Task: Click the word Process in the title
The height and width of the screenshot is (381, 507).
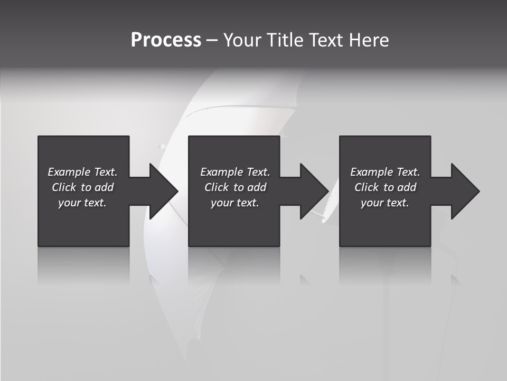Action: [166, 40]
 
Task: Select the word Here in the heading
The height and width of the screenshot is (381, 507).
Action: [369, 40]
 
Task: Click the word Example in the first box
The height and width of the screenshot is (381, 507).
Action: [69, 172]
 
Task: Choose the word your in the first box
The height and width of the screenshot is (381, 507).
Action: [69, 203]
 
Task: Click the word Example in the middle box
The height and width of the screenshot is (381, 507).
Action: [221, 172]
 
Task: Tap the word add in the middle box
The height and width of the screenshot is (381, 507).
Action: [257, 187]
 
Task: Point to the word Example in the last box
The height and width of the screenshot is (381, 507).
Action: [371, 172]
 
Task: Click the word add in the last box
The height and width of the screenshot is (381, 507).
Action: [407, 187]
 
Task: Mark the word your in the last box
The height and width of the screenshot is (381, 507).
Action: [371, 203]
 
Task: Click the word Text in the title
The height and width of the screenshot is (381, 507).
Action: [326, 40]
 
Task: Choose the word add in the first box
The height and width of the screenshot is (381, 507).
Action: [104, 187]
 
